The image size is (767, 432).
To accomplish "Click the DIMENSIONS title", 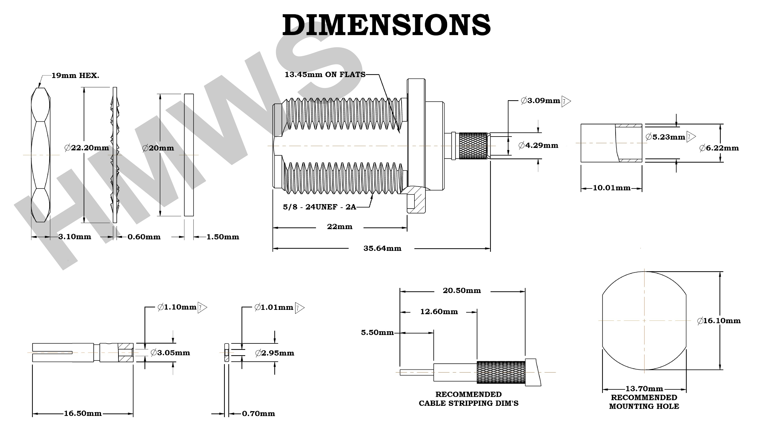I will pyautogui.click(x=386, y=25).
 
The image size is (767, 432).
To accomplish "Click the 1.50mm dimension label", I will pyautogui.click(x=223, y=237).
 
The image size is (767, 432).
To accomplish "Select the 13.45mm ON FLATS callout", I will pyautogui.click(x=325, y=75).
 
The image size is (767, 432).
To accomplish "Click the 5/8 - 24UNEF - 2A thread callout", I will pyautogui.click(x=320, y=207).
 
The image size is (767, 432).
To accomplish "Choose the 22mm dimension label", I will pyautogui.click(x=339, y=227).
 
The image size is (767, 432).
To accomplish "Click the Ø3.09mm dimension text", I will pyautogui.click(x=540, y=101).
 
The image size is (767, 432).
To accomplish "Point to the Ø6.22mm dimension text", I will pyautogui.click(x=719, y=148).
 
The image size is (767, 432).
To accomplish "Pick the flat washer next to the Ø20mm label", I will pyautogui.click(x=189, y=155).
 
